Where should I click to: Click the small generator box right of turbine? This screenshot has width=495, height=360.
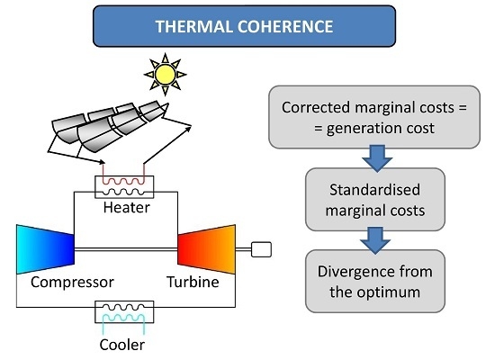[261, 249]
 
